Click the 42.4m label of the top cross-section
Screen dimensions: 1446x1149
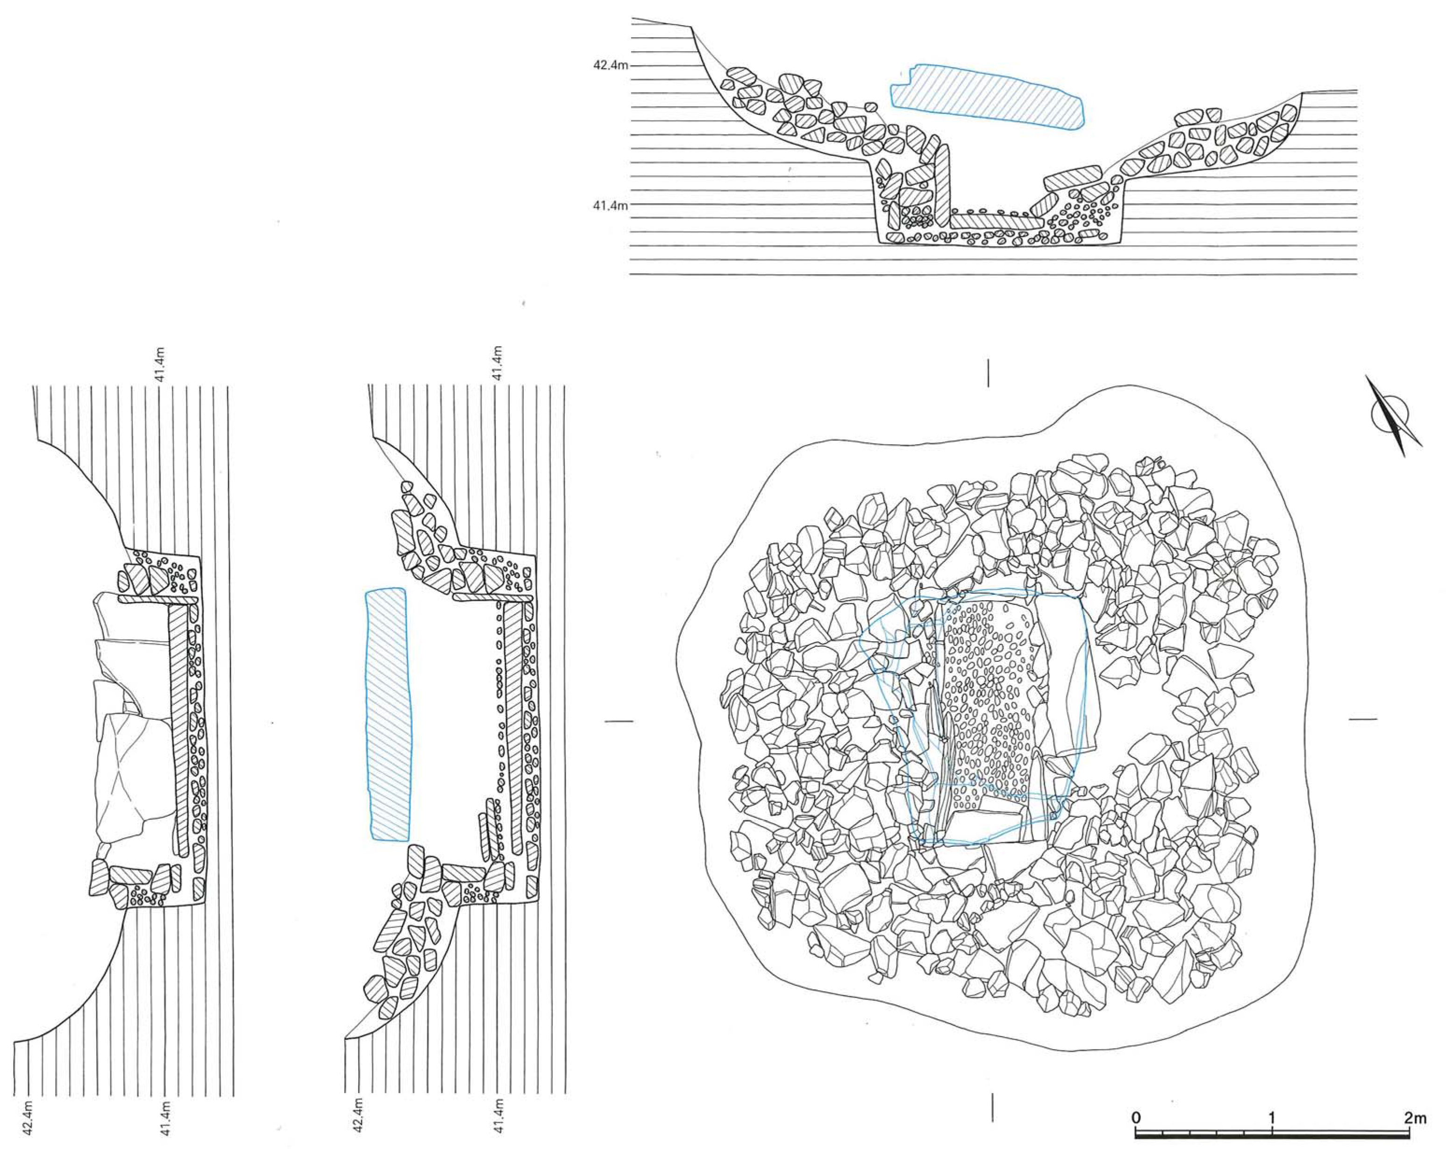click(x=610, y=66)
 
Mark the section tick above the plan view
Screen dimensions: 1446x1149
click(x=988, y=373)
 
